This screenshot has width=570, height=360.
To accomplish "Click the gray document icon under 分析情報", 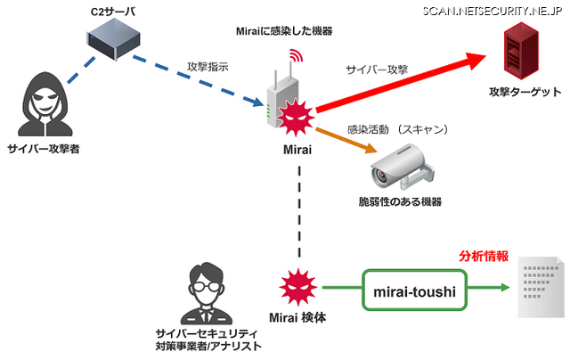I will coord(538,290).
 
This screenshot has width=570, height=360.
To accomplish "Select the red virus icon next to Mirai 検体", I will coord(293,287).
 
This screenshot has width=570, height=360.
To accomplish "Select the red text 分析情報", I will coord(484,256).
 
